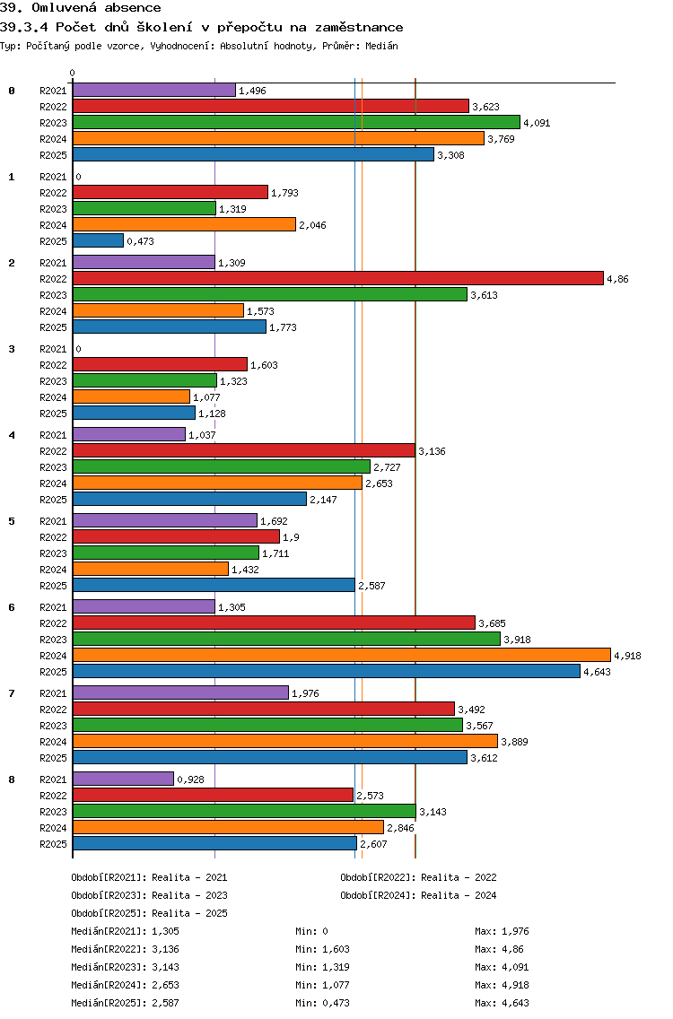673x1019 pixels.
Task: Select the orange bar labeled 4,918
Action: pyautogui.click(x=341, y=656)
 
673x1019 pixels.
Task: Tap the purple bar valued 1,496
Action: pyautogui.click(x=153, y=91)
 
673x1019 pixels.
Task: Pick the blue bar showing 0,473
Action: pyautogui.click(x=98, y=241)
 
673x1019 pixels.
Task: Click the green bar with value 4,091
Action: pyautogui.click(x=296, y=123)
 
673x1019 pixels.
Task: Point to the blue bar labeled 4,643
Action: pyautogui.click(x=326, y=672)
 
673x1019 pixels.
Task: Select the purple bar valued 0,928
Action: pyautogui.click(x=123, y=779)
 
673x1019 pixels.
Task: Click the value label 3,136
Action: pyautogui.click(x=432, y=451)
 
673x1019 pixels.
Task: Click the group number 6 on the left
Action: pyautogui.click(x=12, y=607)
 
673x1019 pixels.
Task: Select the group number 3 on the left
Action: pyautogui.click(x=12, y=349)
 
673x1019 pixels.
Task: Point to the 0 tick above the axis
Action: pyautogui.click(x=73, y=73)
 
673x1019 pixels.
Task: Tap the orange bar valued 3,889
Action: pyautogui.click(x=284, y=742)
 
